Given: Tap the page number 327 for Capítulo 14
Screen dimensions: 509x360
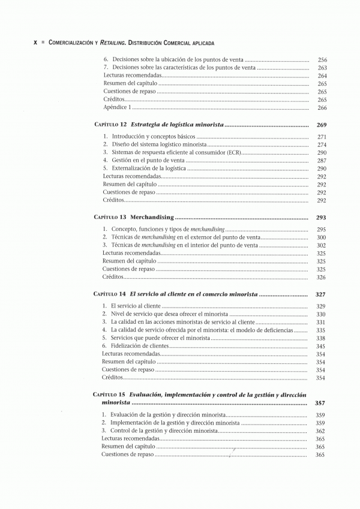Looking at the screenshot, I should point(321,295).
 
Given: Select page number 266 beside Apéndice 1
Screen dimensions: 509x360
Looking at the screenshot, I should point(322,107).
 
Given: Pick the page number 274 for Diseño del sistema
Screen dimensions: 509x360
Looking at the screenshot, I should point(322,144).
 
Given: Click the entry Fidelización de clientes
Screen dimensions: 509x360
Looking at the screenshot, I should point(138,346).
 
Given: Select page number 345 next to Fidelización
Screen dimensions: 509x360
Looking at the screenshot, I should point(321,346).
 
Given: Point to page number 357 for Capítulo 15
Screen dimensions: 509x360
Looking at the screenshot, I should point(321,403).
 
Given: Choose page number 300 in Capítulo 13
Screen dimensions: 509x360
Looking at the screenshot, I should point(321,237).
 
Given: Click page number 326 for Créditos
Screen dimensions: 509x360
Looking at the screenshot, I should point(321,277).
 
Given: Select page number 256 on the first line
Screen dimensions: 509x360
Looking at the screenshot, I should point(322,60).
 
